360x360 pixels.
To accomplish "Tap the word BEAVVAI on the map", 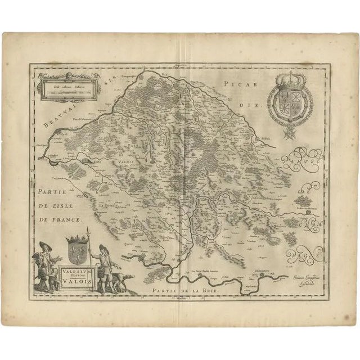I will (x=58, y=116).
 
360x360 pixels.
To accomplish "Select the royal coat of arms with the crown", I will (x=289, y=98).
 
